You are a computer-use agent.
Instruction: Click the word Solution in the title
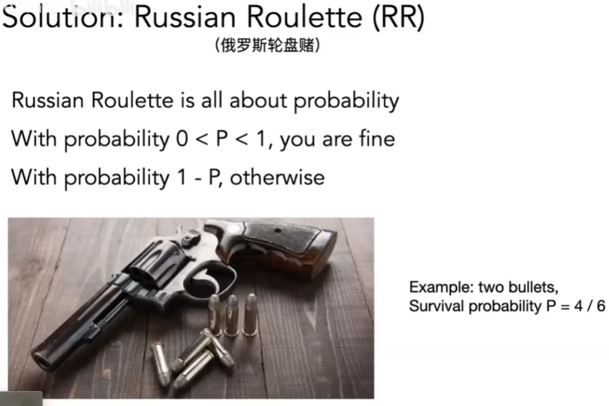point(63,17)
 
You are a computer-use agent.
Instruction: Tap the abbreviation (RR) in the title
point(398,17)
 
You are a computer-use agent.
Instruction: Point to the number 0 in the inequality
point(182,139)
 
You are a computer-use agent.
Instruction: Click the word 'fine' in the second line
point(377,138)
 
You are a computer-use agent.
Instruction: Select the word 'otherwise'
point(277,177)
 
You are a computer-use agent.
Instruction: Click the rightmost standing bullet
point(250,315)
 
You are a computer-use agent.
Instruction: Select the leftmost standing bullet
point(215,315)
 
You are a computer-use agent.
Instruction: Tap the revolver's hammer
point(189,235)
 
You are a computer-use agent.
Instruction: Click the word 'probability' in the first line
point(346,101)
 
